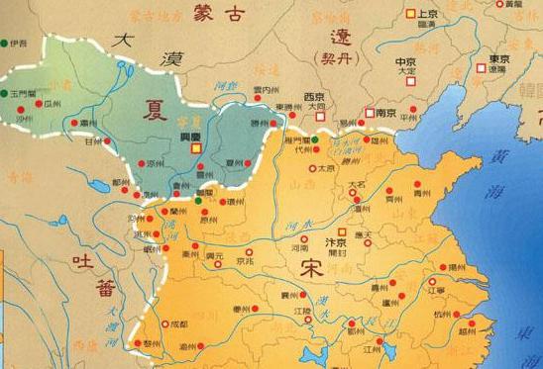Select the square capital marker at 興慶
(x=196, y=146)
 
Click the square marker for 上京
(x=410, y=14)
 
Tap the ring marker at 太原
(x=312, y=169)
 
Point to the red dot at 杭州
(x=451, y=317)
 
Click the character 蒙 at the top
(x=179, y=13)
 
